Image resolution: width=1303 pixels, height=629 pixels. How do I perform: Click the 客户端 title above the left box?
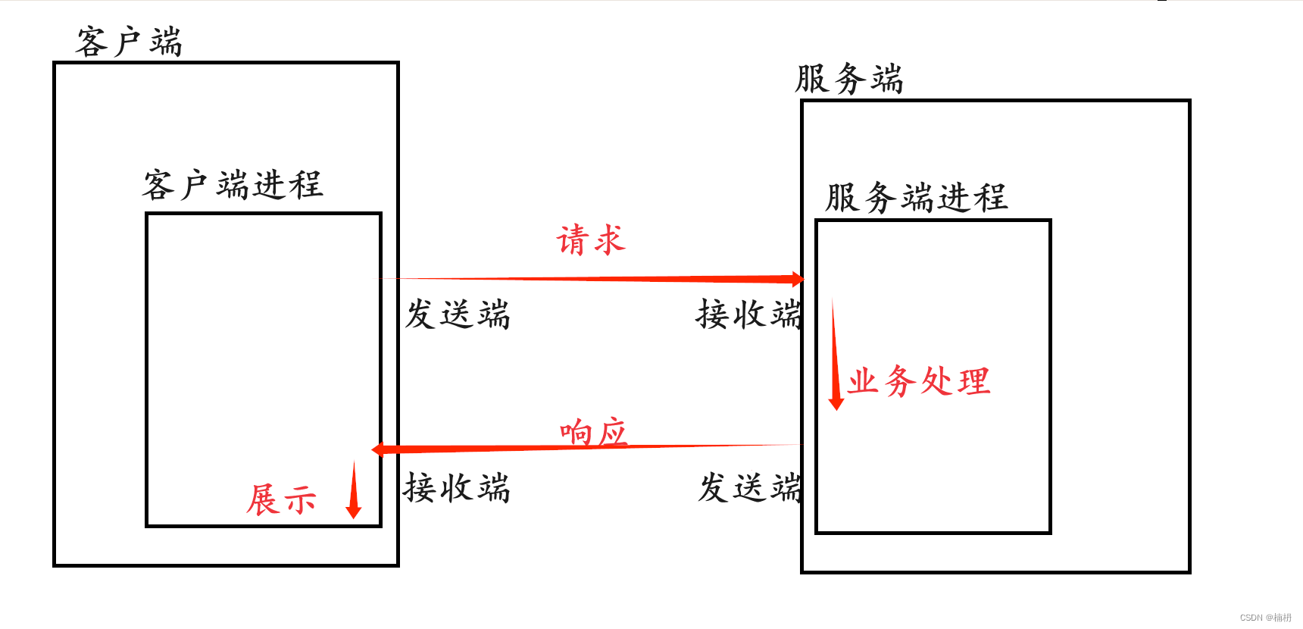click(x=129, y=42)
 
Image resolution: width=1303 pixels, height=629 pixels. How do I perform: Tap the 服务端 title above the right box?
click(x=848, y=79)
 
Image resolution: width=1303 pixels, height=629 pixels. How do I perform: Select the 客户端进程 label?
click(x=233, y=185)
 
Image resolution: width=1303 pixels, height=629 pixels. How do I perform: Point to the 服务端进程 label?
click(x=916, y=198)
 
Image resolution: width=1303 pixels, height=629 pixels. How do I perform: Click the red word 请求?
click(x=591, y=240)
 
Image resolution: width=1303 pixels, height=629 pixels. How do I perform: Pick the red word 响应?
click(x=593, y=433)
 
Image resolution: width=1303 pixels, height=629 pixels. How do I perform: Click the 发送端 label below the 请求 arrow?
click(x=458, y=314)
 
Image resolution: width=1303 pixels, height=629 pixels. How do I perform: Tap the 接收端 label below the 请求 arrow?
click(x=748, y=314)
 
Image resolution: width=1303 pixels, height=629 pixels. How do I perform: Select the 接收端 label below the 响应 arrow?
click(x=457, y=488)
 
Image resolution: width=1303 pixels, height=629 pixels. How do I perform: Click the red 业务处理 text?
click(x=919, y=380)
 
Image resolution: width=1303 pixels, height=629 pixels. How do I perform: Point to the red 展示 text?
click(x=281, y=500)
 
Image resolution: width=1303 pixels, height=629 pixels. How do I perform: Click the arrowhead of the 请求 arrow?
click(x=797, y=280)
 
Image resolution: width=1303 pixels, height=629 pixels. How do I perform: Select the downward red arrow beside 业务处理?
click(x=836, y=356)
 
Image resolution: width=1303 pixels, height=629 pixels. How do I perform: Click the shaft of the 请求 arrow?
click(x=591, y=279)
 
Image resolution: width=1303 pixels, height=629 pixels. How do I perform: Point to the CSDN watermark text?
click(x=1265, y=618)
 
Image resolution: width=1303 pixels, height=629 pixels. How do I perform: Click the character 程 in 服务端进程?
click(x=991, y=198)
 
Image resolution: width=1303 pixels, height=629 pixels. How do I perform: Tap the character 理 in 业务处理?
click(x=973, y=381)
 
